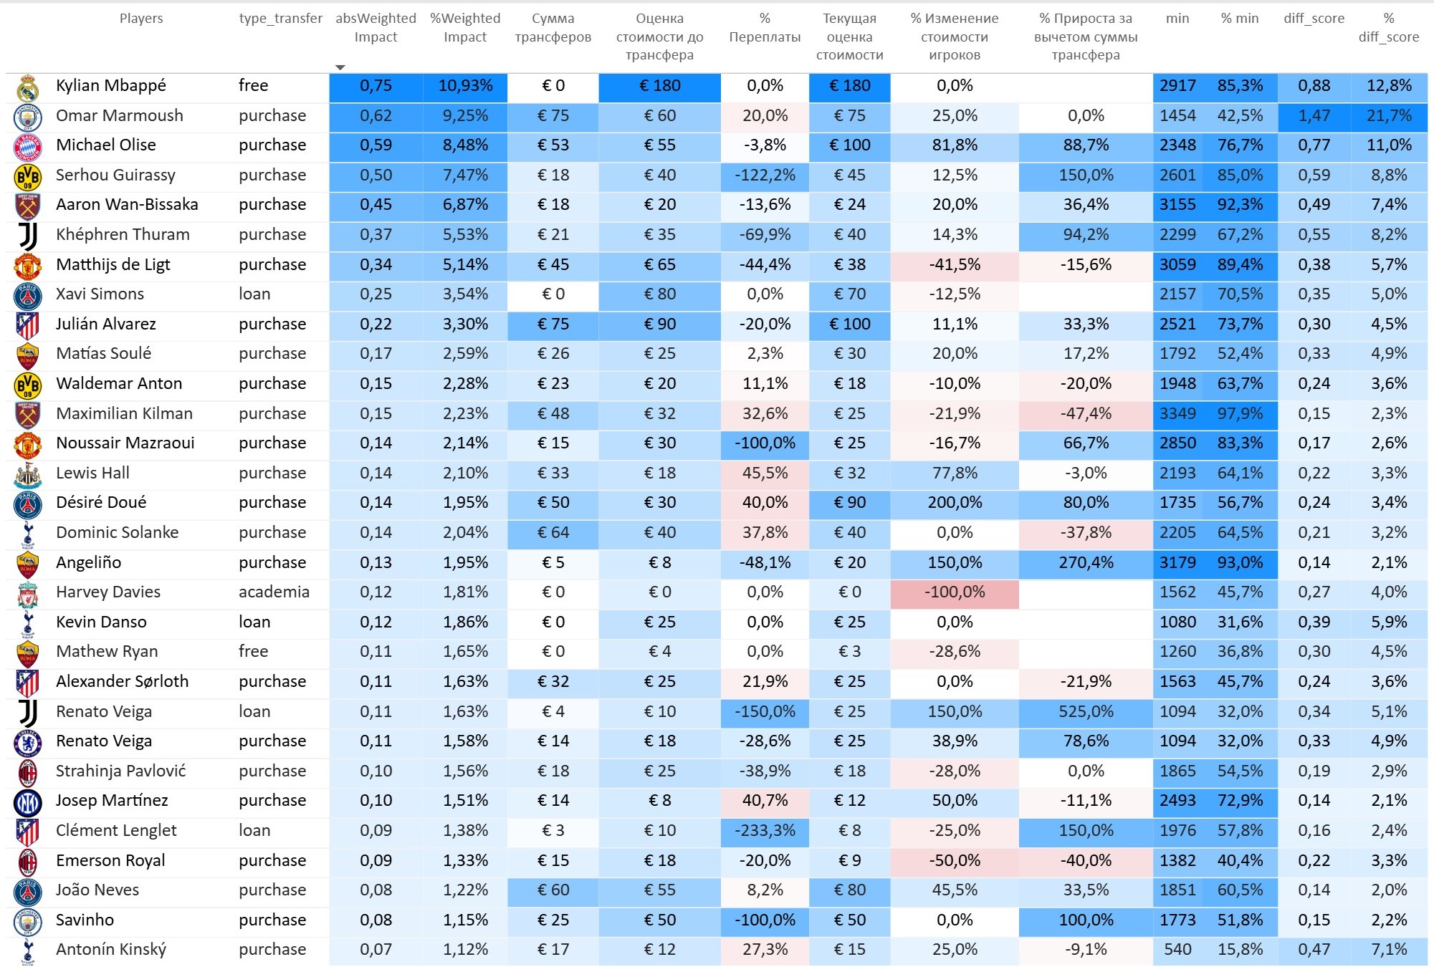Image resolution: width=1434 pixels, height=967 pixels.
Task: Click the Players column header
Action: [141, 19]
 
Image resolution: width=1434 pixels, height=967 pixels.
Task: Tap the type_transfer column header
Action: [280, 19]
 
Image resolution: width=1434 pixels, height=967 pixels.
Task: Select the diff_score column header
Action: [1314, 19]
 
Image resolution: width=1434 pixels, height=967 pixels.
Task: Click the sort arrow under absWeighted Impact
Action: [340, 67]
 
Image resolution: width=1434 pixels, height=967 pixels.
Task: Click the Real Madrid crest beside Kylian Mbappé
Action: [28, 87]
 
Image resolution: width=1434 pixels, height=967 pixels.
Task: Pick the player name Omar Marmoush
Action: [120, 115]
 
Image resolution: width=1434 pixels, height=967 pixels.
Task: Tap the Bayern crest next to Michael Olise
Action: [28, 146]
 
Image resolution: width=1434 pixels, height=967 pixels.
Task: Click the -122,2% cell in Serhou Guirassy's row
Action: [765, 175]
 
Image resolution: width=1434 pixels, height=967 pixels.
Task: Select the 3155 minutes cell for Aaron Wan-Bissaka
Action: [1177, 205]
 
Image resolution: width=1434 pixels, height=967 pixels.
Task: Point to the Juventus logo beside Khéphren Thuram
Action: [28, 235]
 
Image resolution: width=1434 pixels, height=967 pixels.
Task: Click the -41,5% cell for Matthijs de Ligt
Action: [954, 264]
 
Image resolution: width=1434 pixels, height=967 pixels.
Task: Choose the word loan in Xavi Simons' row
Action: [254, 294]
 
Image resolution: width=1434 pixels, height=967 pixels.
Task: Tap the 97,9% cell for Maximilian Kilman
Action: [1240, 413]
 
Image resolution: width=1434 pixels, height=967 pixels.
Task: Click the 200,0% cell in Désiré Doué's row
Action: [954, 502]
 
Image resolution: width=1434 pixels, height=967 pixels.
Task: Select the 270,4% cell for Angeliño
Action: [1086, 562]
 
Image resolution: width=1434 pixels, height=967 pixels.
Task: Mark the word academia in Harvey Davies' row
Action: [274, 592]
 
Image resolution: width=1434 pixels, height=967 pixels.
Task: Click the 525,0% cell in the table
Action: [1086, 711]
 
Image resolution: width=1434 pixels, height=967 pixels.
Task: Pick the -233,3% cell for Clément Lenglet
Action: [765, 830]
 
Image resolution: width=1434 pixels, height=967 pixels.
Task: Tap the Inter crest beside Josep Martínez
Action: [28, 802]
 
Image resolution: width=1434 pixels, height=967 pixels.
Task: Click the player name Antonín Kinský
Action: [111, 949]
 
